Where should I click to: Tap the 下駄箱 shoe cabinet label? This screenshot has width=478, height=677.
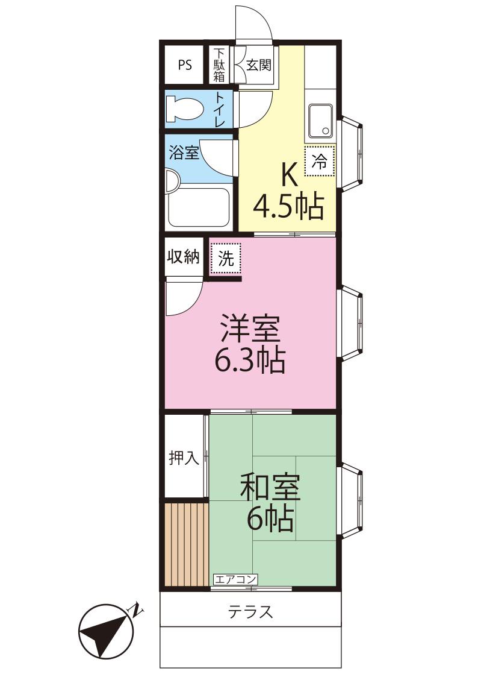coord(219,65)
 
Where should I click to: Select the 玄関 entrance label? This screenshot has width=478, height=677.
coord(259,65)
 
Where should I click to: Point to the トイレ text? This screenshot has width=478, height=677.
coord(220,109)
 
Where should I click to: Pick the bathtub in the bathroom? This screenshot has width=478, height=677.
coord(199,207)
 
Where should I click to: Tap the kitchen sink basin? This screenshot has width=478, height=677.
coord(320,121)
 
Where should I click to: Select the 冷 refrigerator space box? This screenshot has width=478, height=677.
coord(320,162)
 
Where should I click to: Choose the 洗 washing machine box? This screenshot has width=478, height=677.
coord(225,258)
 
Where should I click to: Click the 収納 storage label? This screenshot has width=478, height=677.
coord(184,256)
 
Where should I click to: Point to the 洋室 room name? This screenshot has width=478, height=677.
coord(250,328)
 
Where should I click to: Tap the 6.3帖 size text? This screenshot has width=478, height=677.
coord(250,361)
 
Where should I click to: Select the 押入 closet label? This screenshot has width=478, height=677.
coord(184,457)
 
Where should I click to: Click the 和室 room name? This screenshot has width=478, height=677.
coord(270,486)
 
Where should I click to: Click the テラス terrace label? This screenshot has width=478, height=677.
coord(250,612)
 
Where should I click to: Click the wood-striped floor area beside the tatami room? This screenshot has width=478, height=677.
coord(187,544)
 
